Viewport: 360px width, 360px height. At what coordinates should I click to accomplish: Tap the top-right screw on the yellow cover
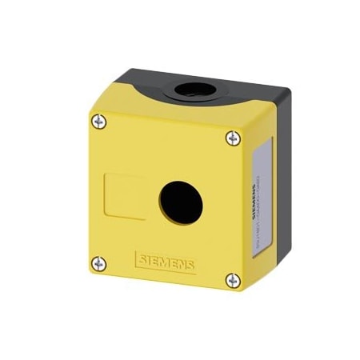point(231,138)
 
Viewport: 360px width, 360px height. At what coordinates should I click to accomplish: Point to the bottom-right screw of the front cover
point(232,279)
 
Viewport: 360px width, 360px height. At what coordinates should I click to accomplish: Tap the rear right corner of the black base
point(284,93)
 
